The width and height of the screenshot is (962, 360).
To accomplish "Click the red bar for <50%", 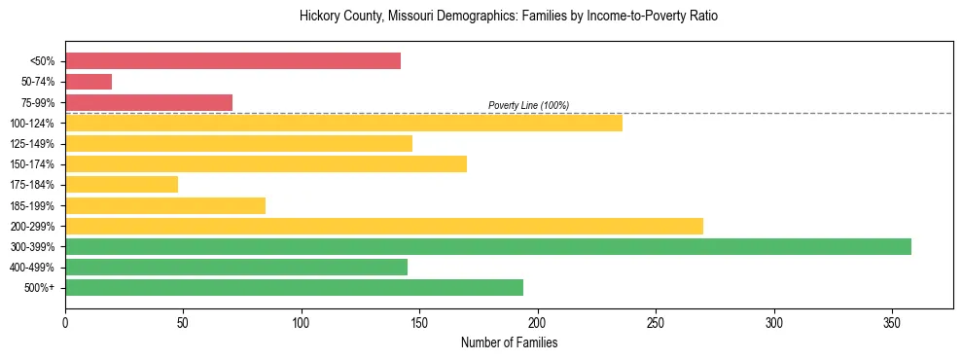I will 232,61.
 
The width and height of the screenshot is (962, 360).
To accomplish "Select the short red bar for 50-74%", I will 89,82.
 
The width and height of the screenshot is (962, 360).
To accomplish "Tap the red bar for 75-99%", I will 149,102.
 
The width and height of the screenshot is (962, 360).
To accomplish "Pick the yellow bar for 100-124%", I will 343,123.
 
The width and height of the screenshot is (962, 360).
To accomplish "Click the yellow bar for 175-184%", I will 122,185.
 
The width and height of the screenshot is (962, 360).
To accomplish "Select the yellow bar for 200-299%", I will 384,227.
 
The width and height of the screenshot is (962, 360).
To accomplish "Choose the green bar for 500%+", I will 294,288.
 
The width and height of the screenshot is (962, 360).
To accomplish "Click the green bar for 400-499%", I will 236,268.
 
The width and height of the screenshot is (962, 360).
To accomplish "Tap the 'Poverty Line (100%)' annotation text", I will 528,105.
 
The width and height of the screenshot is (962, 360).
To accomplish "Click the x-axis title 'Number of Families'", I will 509,343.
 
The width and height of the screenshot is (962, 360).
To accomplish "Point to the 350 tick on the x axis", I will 892,322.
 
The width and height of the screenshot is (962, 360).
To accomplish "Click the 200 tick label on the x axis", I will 538,322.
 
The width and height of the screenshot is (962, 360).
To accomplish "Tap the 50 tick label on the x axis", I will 183,322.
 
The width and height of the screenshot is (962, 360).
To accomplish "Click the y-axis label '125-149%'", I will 32,144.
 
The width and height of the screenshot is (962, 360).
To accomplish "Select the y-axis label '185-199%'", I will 32,206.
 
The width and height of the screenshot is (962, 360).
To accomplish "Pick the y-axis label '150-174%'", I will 32,164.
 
